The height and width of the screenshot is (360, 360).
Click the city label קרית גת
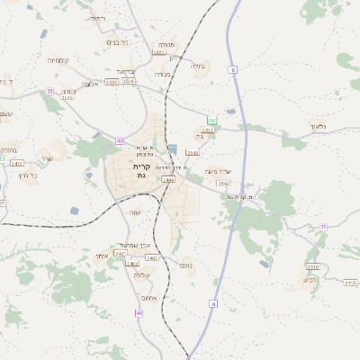point(140,171)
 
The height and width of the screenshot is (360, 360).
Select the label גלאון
point(320,126)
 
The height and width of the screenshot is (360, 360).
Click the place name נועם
point(186,265)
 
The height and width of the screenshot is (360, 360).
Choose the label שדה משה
point(219,171)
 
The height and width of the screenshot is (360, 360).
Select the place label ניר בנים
point(119,42)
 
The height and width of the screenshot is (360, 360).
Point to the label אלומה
point(91,84)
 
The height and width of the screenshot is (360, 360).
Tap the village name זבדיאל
point(125,70)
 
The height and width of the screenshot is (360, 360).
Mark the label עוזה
point(135,211)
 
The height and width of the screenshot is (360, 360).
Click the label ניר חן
point(26,175)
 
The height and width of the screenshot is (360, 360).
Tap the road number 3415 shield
point(350,283)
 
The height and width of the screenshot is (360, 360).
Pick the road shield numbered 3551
point(208,130)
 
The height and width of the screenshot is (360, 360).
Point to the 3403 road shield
point(132,264)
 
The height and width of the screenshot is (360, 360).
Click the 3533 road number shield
point(112,82)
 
